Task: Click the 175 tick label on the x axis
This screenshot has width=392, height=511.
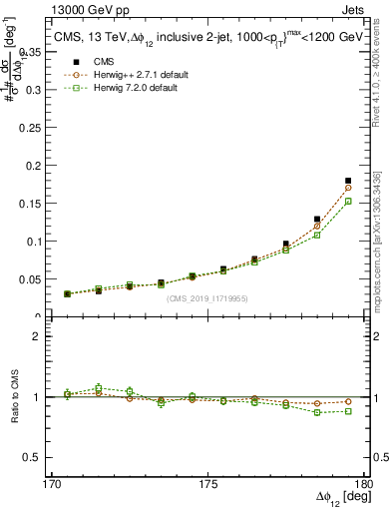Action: coord(207,485)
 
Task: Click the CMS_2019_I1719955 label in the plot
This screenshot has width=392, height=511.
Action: coord(207,297)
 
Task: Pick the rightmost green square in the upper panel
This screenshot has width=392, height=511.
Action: coord(348,202)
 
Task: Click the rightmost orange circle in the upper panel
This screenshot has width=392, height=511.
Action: coord(348,188)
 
